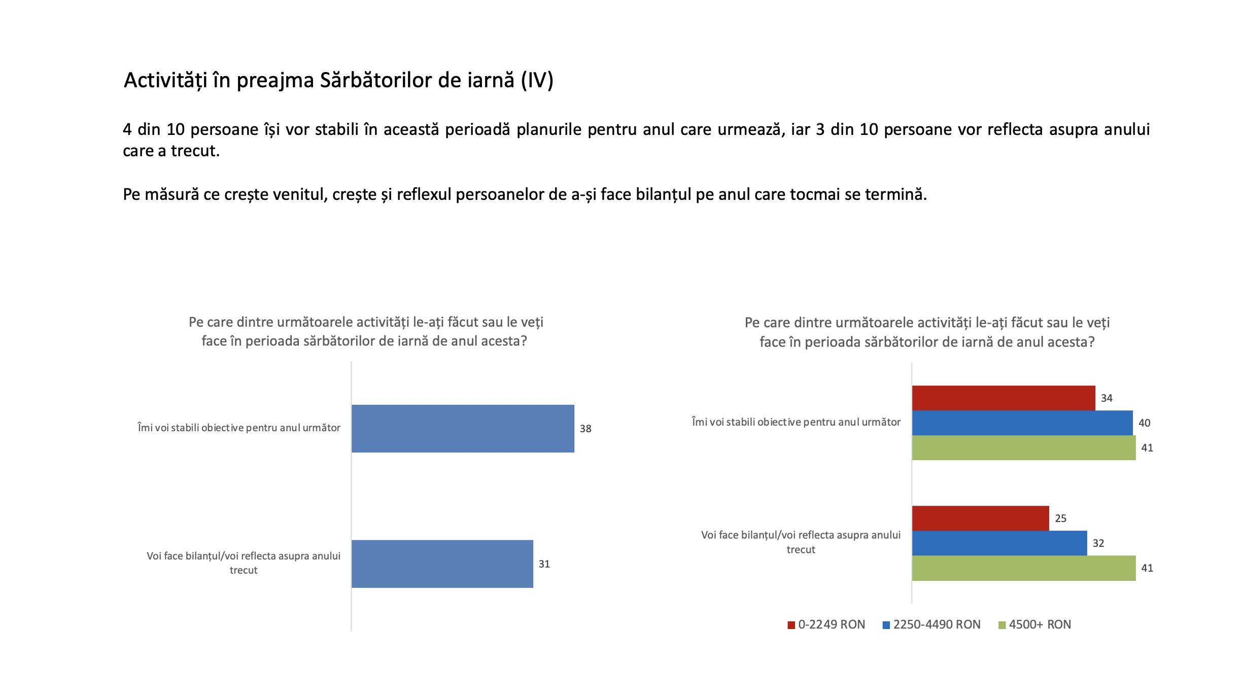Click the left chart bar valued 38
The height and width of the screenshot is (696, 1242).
(463, 428)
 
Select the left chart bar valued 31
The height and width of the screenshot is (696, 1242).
(442, 564)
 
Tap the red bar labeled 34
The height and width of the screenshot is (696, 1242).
(1004, 398)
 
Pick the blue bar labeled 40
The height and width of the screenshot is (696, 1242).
(1022, 423)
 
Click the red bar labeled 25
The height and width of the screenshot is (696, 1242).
(981, 518)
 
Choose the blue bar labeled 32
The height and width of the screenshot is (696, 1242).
(999, 543)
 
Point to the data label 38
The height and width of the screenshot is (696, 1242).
(585, 429)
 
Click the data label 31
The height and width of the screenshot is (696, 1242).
(544, 564)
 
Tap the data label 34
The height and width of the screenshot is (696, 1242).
(1107, 398)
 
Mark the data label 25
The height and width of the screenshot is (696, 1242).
(1060, 518)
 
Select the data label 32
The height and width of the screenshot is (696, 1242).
(1098, 543)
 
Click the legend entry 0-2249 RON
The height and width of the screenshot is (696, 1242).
(826, 624)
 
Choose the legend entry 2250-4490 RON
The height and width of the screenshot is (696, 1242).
(931, 624)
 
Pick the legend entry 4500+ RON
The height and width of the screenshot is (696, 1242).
(1034, 624)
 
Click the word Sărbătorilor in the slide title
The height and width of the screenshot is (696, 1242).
(417, 80)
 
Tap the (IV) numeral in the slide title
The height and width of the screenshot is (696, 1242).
(537, 81)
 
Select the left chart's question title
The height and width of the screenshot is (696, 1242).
(365, 332)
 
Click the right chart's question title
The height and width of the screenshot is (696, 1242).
(927, 332)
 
